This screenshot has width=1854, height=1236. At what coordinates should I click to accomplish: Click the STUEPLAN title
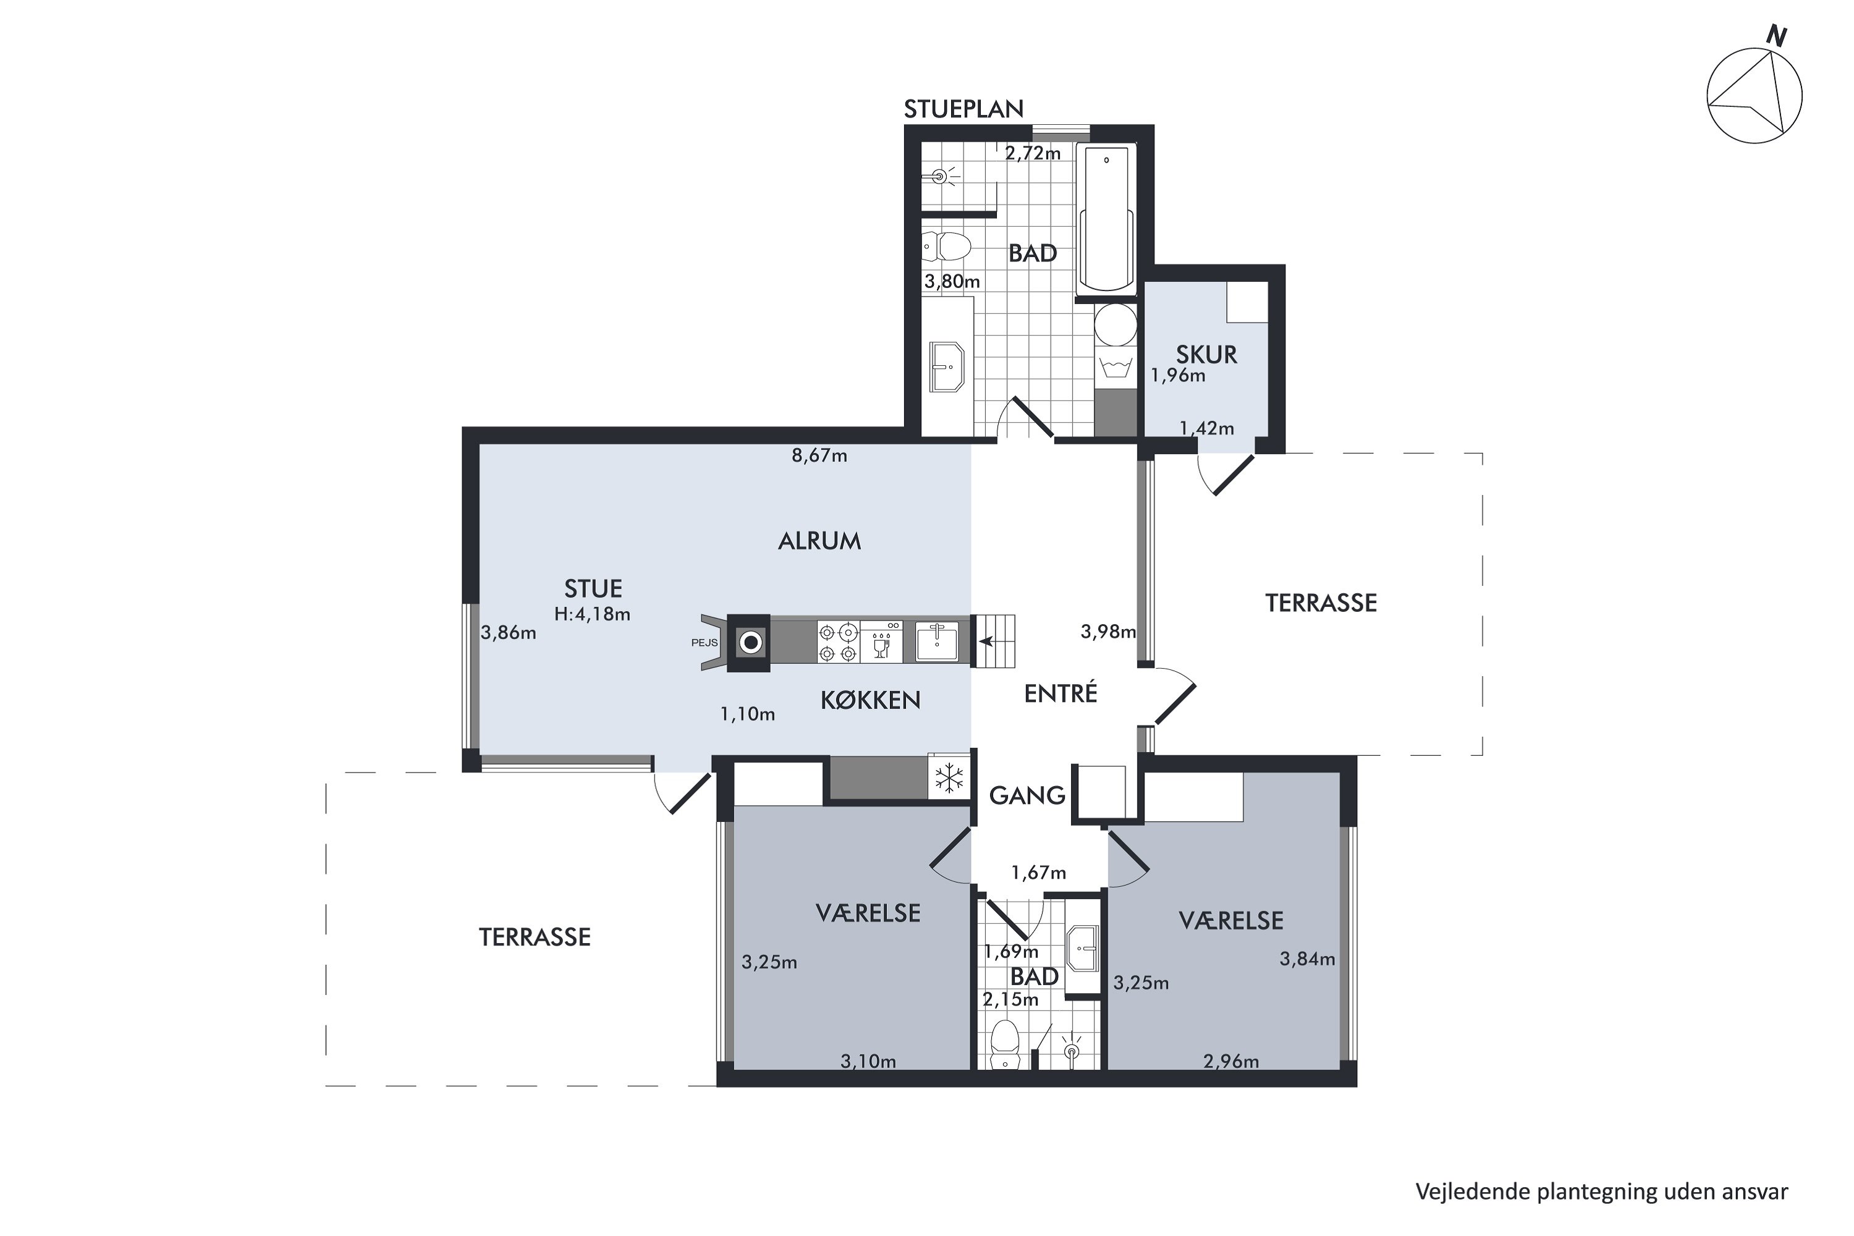click(963, 109)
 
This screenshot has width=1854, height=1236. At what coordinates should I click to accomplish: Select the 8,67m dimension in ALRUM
click(819, 455)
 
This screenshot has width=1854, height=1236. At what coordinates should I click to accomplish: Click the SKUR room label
click(1206, 355)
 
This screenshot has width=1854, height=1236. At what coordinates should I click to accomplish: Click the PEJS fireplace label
click(705, 643)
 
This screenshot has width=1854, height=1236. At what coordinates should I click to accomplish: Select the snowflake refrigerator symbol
click(949, 778)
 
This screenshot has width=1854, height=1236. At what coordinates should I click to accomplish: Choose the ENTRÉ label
click(1060, 693)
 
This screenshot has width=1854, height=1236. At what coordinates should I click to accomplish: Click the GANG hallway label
click(1027, 795)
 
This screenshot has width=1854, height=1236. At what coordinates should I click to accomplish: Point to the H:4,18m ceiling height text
click(592, 614)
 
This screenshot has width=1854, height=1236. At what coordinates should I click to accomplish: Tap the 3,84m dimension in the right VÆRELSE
click(1307, 959)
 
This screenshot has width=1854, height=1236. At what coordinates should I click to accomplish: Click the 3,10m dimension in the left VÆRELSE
click(868, 1061)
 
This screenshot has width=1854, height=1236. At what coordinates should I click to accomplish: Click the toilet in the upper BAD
click(947, 247)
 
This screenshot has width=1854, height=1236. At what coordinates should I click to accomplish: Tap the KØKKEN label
click(870, 700)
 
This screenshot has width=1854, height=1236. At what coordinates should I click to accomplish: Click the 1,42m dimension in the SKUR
click(1206, 428)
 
